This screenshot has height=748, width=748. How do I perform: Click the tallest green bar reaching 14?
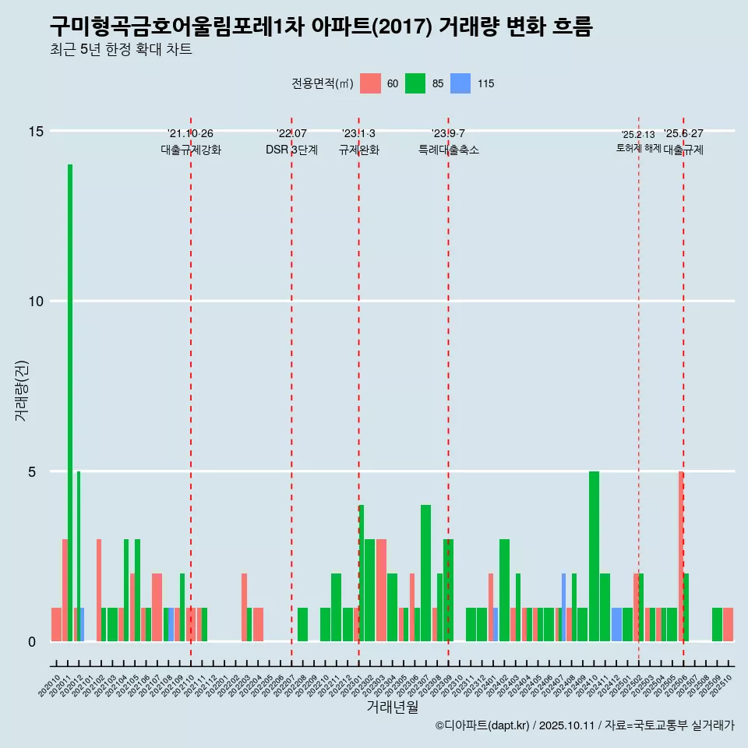click(70, 403)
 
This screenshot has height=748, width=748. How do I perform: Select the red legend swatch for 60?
click(371, 83)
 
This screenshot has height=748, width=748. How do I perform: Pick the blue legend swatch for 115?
click(461, 83)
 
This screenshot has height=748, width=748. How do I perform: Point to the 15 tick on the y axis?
click(36, 131)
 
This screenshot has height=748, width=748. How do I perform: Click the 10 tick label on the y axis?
click(36, 302)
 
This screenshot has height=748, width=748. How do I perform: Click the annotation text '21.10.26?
click(190, 134)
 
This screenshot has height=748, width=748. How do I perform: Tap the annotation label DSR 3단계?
click(291, 150)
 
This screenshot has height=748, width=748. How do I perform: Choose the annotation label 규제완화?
click(358, 150)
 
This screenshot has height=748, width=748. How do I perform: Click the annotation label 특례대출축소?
click(448, 150)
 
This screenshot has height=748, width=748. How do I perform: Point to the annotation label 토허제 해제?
click(638, 148)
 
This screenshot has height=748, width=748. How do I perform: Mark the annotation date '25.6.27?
click(683, 134)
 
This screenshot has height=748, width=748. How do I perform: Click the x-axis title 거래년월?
click(392, 707)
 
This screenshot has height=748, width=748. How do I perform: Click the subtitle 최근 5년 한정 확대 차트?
click(121, 50)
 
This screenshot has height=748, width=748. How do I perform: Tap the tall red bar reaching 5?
click(680, 556)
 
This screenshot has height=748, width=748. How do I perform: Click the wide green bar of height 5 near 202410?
click(594, 556)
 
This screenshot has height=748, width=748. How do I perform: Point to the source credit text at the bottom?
click(584, 726)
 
